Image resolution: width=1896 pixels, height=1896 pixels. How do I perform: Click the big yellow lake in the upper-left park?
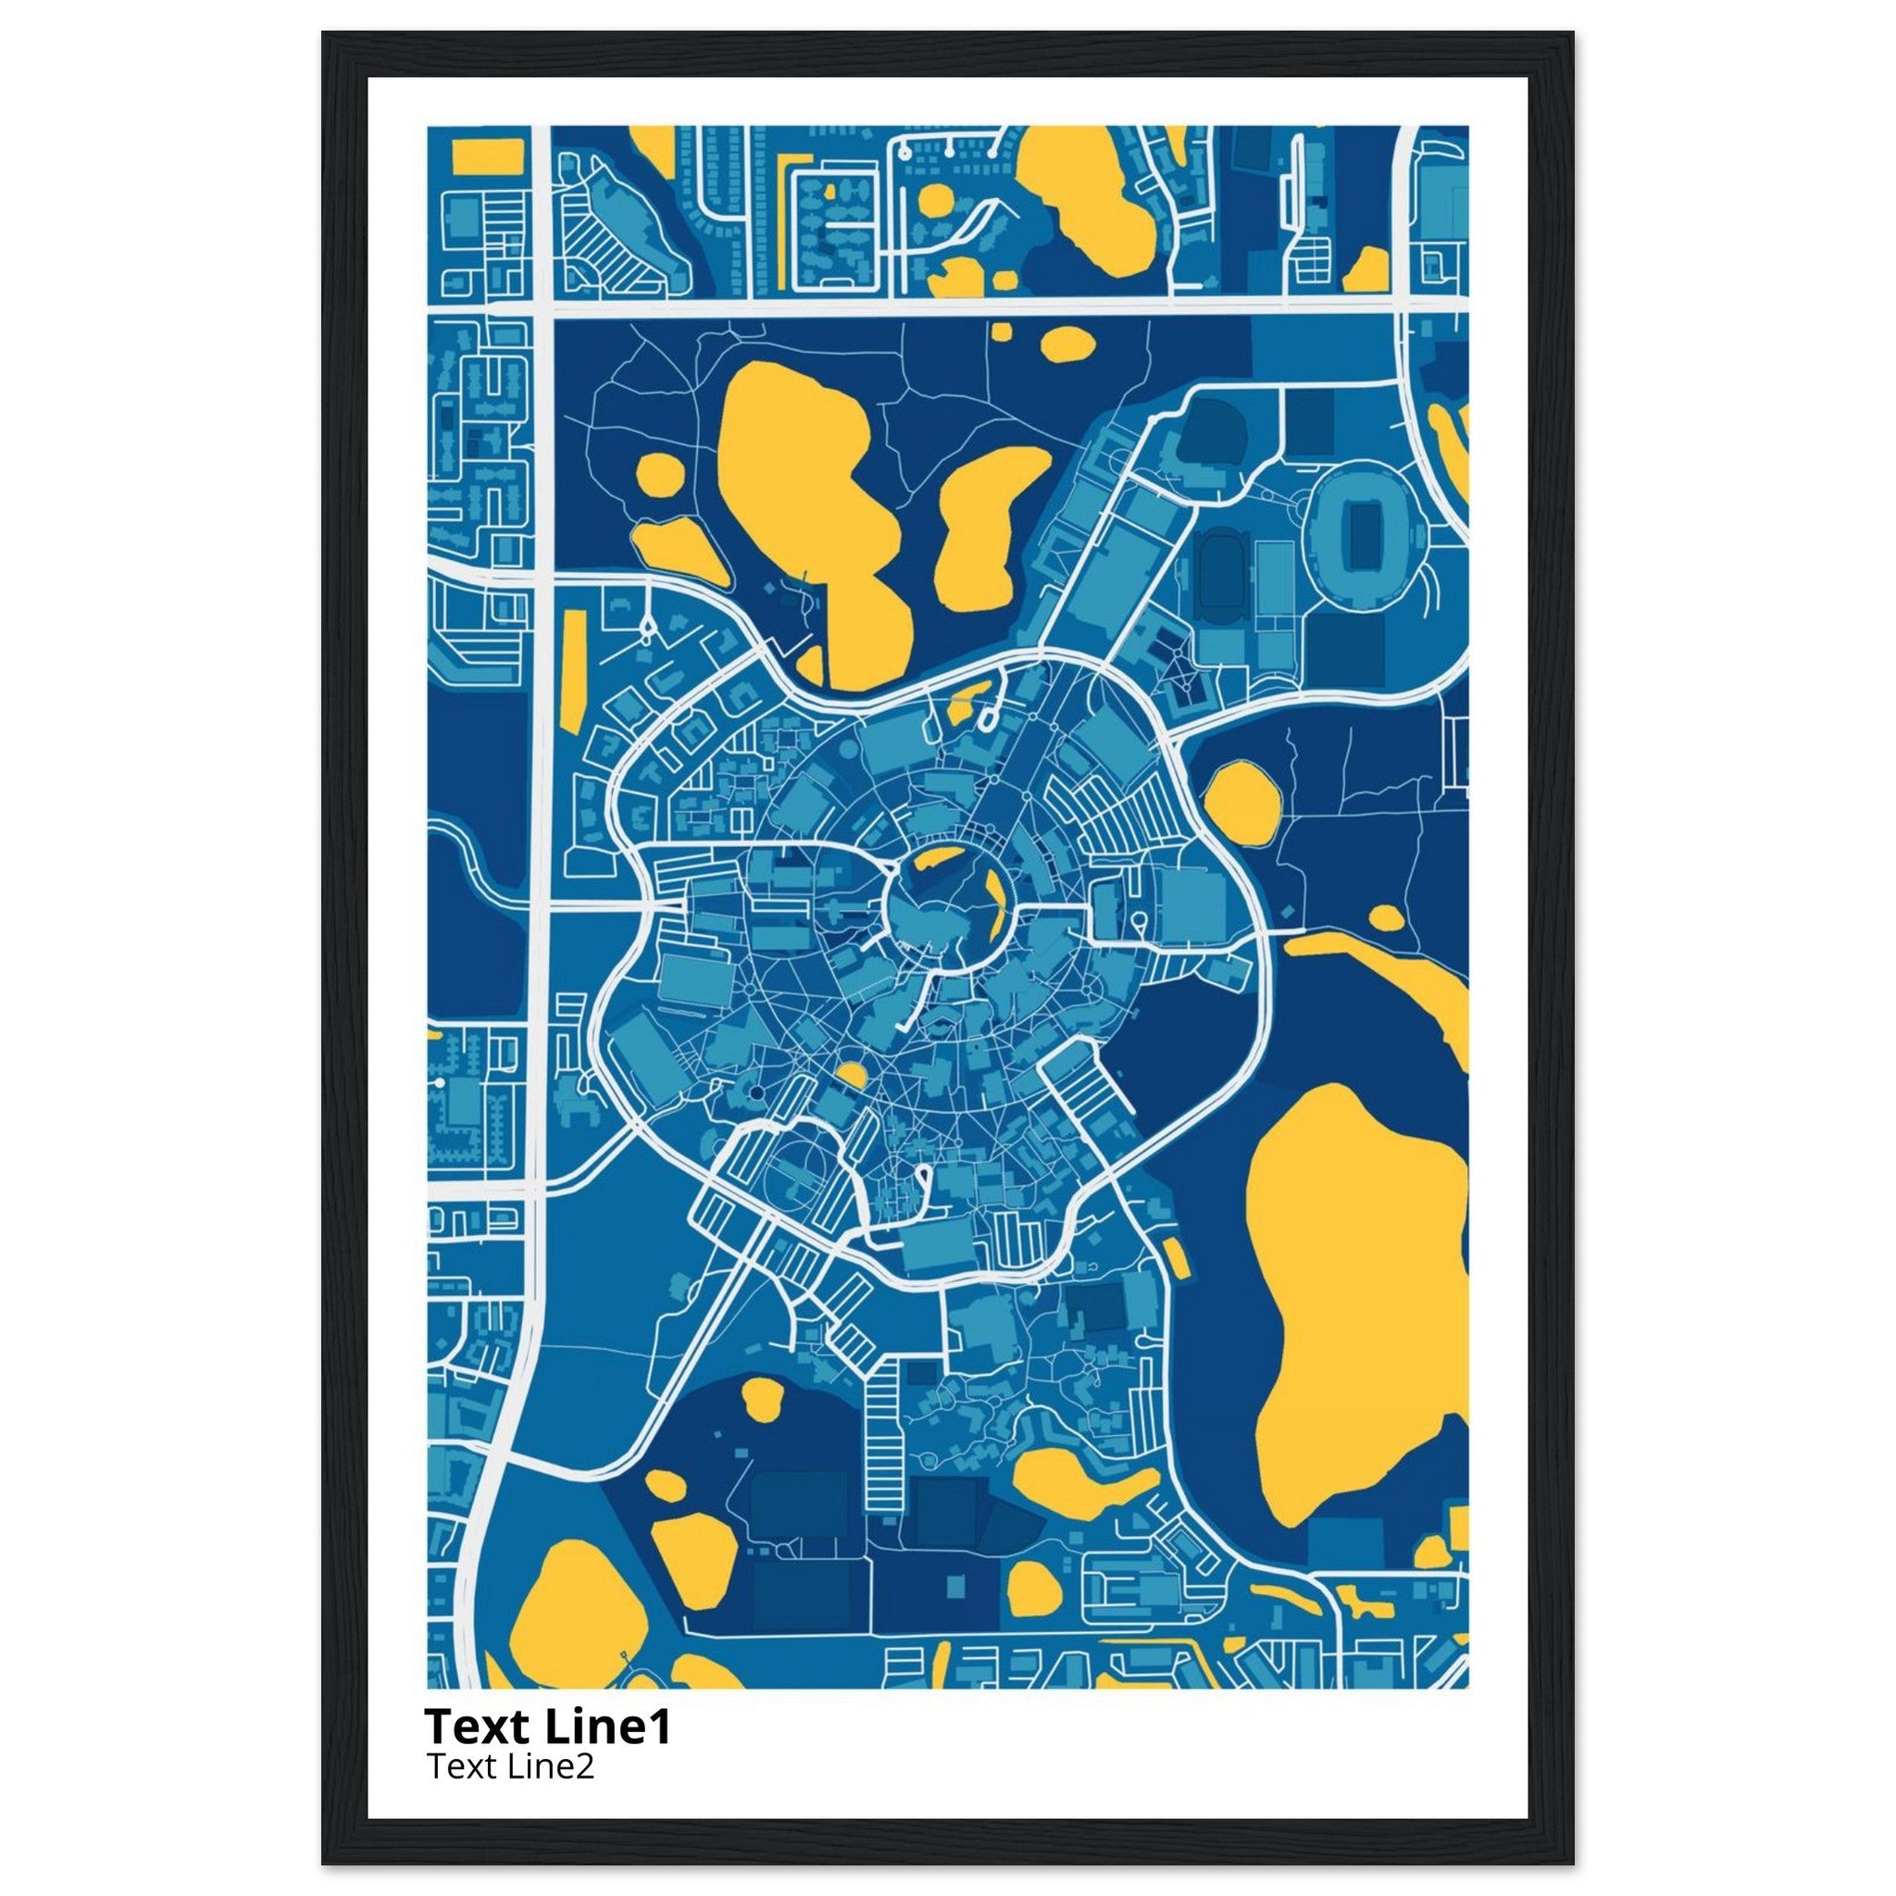[x=805, y=491]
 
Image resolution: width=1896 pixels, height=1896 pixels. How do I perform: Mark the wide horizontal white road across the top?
[x=971, y=306]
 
